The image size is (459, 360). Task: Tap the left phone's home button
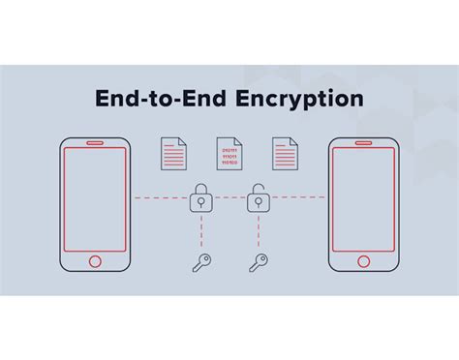click(x=95, y=260)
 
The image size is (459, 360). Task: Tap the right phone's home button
click(x=363, y=260)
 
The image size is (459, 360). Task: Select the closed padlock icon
click(x=200, y=200)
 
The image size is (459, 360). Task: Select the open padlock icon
click(x=258, y=199)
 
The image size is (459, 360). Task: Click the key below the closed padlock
click(x=201, y=262)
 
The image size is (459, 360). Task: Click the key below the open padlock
click(x=259, y=262)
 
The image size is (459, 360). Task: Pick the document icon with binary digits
click(x=229, y=154)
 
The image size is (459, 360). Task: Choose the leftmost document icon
click(x=173, y=154)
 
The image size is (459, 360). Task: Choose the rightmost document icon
click(x=286, y=154)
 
